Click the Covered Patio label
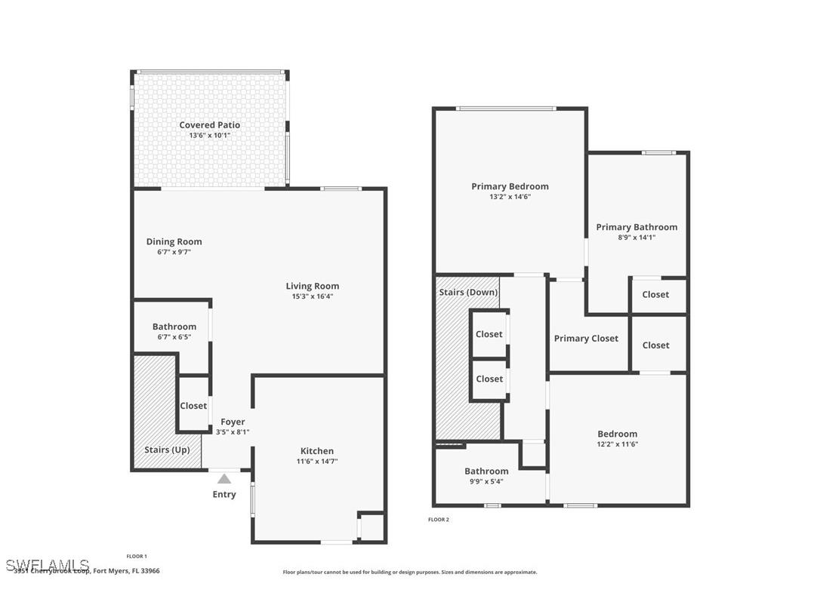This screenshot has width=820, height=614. [x=209, y=125]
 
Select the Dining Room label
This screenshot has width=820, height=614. [x=174, y=242]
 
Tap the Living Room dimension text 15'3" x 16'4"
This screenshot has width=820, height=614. [x=312, y=296]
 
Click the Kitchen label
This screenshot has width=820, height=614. [x=317, y=451]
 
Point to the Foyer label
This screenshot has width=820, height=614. [x=233, y=422]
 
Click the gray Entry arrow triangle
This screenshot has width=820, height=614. [x=224, y=478]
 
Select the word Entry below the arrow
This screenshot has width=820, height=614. [x=224, y=495]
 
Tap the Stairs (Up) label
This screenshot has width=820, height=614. [x=167, y=450]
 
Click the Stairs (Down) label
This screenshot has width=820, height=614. [x=467, y=292]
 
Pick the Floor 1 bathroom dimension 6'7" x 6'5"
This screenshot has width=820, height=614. [x=174, y=337]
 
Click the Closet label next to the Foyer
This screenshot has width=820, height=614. [x=193, y=406]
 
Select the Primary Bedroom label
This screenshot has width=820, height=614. [x=510, y=186]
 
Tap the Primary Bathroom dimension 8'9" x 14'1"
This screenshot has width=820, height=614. [x=637, y=237]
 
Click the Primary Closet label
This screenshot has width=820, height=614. [x=586, y=339]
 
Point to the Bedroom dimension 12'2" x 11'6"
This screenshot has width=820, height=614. [x=617, y=444]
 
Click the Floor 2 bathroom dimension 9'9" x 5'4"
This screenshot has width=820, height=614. [x=486, y=481]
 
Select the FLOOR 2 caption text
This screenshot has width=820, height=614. [x=439, y=520]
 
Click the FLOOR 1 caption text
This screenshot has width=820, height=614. [x=137, y=557]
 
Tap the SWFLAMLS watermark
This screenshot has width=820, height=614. [x=47, y=565]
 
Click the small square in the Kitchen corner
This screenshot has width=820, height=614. [x=371, y=527]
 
